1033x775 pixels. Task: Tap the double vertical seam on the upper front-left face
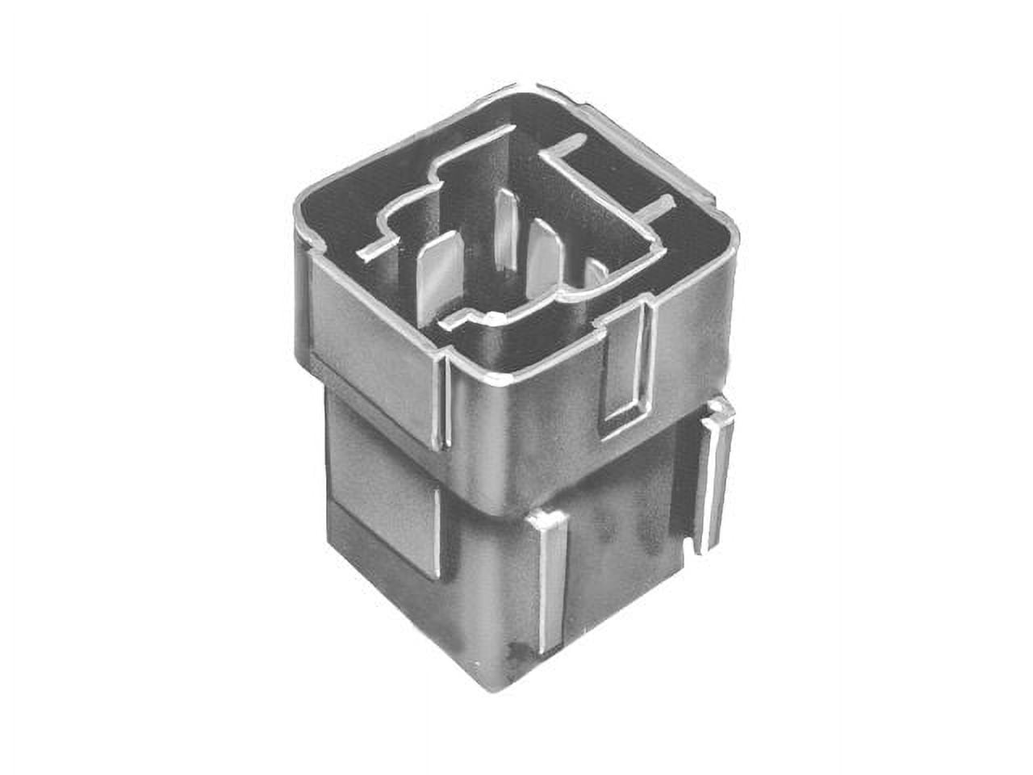441,404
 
